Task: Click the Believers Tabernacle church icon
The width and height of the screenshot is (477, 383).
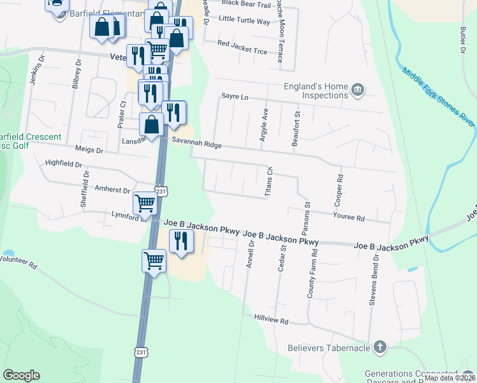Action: pyautogui.click(x=379, y=347)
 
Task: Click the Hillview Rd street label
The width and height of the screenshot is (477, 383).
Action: pyautogui.click(x=271, y=318)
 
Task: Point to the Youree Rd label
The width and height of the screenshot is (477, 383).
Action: pyautogui.click(x=348, y=218)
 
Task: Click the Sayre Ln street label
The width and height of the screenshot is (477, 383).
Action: pyautogui.click(x=234, y=96)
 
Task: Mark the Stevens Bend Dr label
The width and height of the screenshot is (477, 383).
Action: pyautogui.click(x=376, y=280)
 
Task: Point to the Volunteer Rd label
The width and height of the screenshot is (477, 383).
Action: pyautogui.click(x=18, y=261)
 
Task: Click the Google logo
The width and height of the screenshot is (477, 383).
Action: pyautogui.click(x=21, y=375)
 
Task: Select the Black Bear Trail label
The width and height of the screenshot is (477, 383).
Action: pyautogui.click(x=246, y=4)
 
